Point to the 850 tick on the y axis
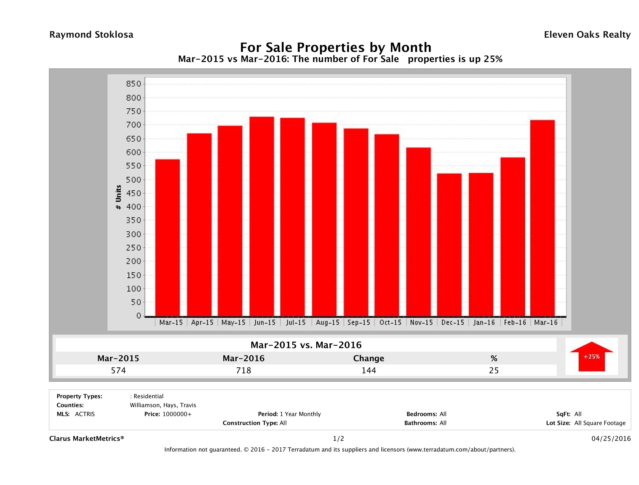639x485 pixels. pos(133,84)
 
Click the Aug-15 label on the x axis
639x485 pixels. pos(328,323)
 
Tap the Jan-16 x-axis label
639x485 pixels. pos(484,323)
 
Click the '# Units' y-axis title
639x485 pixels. pos(118,197)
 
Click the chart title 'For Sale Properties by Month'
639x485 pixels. pos(336,47)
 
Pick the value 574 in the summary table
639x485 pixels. pos(118,370)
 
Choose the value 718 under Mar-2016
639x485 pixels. pos(244,370)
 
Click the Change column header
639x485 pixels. pos(369,358)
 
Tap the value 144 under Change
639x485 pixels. pos(369,370)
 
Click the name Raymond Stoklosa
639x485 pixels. pos(91,35)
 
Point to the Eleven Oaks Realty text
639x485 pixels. pos(587,35)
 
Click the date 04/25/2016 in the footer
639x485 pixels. pos(611,439)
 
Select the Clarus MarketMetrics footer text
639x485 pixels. pos(87,439)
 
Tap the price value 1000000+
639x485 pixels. pos(177,414)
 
